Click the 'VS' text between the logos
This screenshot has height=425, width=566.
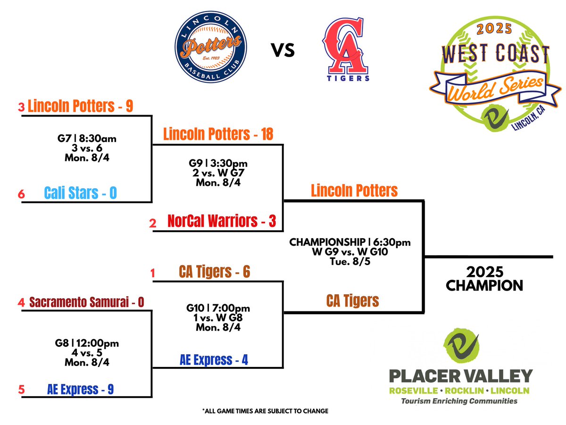click(x=283, y=50)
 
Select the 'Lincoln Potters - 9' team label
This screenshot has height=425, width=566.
click(x=80, y=106)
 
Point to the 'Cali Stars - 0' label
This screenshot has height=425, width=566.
click(x=80, y=193)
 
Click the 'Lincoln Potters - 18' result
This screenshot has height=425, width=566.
click(x=218, y=134)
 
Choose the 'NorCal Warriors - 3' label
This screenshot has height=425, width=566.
click(x=222, y=221)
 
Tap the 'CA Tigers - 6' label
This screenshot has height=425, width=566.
click(x=214, y=272)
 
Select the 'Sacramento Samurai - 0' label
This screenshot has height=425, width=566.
click(x=86, y=301)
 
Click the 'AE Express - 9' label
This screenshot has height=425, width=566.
click(x=80, y=389)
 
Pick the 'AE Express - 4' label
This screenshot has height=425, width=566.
click(x=214, y=360)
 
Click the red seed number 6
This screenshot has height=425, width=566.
click(x=21, y=194)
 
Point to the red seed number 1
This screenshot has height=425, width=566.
click(x=152, y=273)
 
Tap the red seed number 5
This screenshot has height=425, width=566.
click(x=21, y=390)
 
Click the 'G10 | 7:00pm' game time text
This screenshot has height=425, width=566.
click(x=218, y=308)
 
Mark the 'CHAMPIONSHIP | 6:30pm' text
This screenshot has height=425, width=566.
click(x=350, y=242)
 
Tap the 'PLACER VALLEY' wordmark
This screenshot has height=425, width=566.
click(x=460, y=376)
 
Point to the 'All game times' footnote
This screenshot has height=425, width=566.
click(x=265, y=411)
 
